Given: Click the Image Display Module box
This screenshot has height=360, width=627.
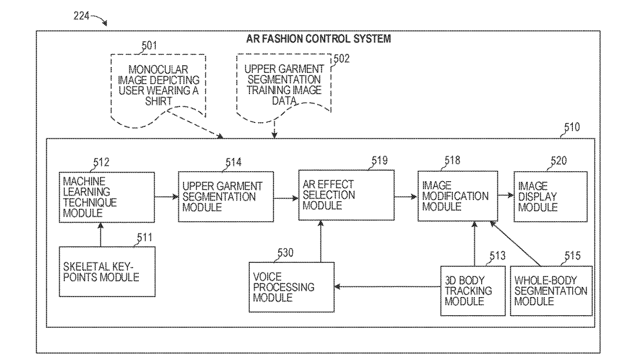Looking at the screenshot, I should pos(550,196).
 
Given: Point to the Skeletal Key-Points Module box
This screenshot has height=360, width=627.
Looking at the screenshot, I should pos(107,271).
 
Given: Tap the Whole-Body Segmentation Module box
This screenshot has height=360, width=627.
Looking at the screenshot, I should pos(550,291).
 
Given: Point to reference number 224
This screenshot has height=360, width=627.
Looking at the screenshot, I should pos(82,16).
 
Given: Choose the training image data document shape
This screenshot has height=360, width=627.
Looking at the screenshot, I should pos(283,85).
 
